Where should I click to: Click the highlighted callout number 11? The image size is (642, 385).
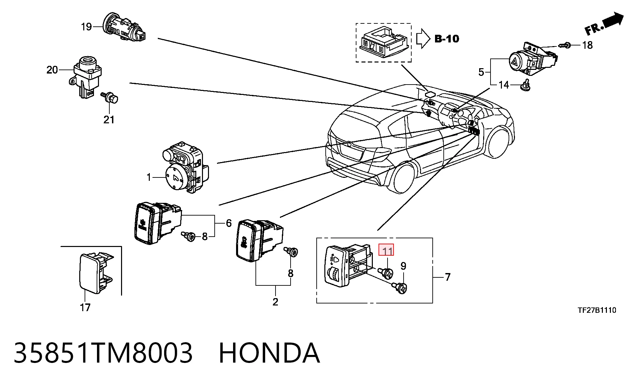tap(386, 250)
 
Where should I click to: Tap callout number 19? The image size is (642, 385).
tap(86, 26)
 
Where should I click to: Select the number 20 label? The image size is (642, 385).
tap(52, 70)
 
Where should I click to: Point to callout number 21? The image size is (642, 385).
tap(109, 119)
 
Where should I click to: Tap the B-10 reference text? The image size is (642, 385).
tap(447, 39)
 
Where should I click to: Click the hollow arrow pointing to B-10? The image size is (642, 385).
tap(423, 39)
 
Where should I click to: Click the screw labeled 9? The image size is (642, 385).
tap(400, 287)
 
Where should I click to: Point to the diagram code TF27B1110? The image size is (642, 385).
tap(597, 310)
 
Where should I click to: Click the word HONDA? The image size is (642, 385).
tap(269, 353)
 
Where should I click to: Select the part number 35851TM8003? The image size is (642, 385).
tap(103, 353)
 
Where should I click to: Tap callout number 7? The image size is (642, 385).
tap(448, 277)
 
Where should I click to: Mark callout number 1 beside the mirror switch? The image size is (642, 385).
tap(149, 177)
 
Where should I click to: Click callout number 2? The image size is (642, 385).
tap(275, 302)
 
